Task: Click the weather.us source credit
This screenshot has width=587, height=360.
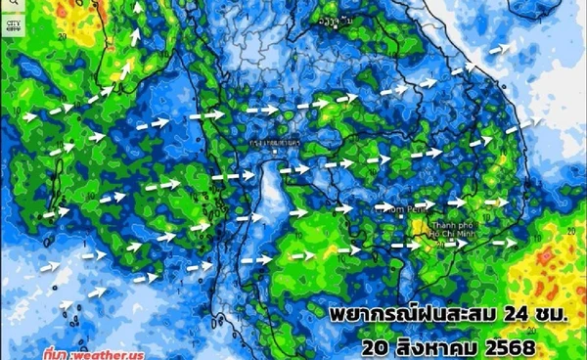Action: pos(108,353)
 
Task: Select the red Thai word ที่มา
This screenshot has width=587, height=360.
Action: pos(57,353)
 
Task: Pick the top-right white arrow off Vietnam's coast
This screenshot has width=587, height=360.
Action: pos(500,47)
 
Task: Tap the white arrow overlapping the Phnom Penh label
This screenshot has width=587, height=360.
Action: pos(386,207)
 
